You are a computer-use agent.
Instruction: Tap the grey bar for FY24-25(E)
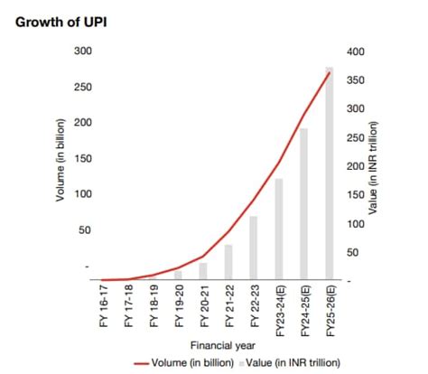(303, 204)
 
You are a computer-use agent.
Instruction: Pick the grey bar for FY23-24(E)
(279, 229)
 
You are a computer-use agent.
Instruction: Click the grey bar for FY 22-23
(254, 248)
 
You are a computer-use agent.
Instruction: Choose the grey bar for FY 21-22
(228, 262)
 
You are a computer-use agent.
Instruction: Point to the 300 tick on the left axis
(82, 51)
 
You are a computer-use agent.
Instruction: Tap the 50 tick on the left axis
(85, 230)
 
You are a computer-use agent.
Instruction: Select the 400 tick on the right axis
(358, 51)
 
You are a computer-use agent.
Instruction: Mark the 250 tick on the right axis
(358, 137)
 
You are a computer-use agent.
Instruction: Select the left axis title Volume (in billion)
(60, 159)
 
